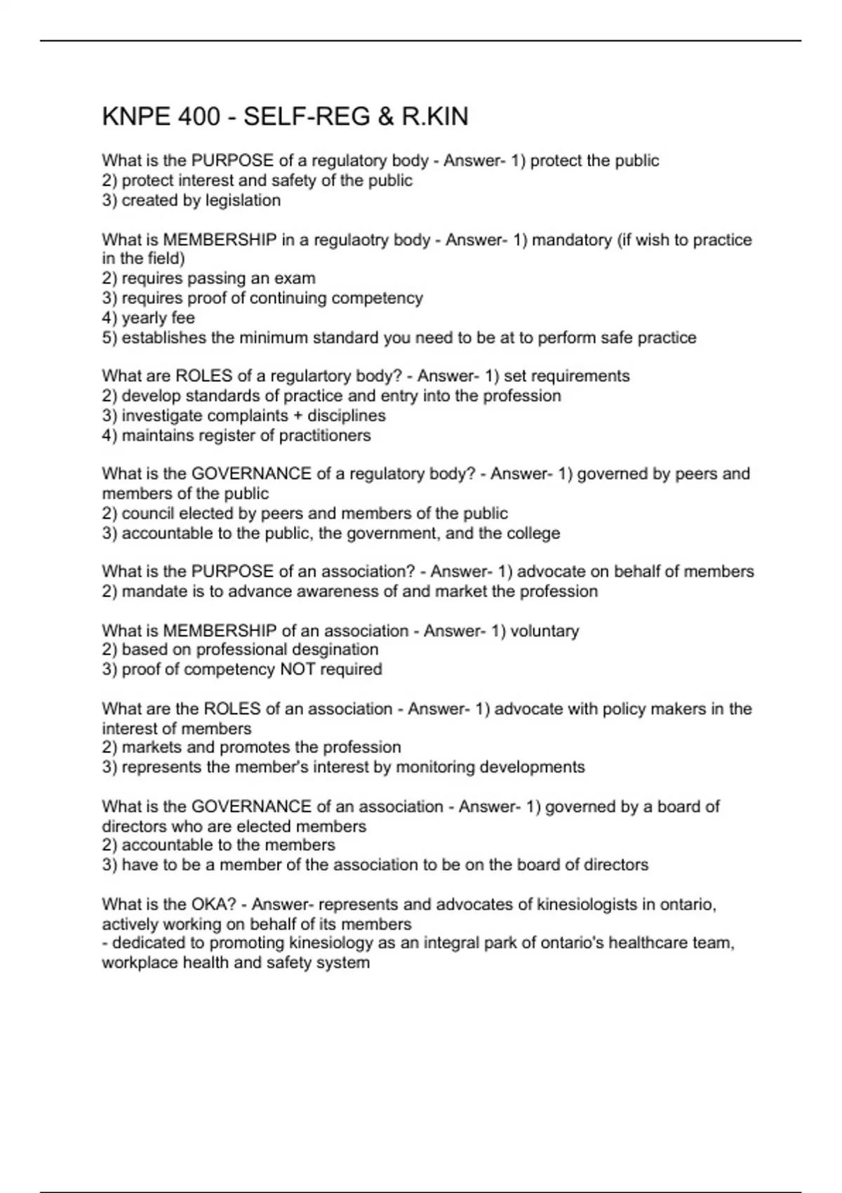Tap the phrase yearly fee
coord(158,318)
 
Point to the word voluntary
coord(544,631)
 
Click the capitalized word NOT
coord(298,669)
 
